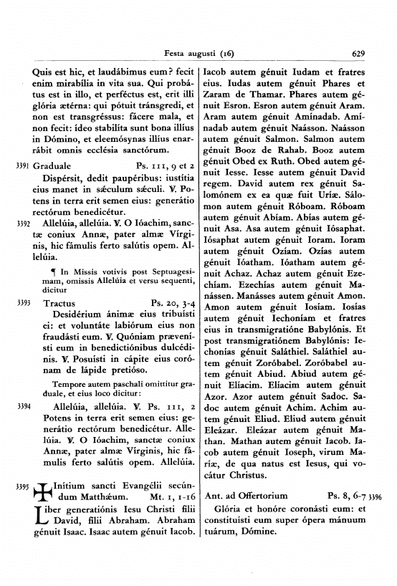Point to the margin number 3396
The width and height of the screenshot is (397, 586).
376,495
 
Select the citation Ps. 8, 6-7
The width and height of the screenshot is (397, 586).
346,495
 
